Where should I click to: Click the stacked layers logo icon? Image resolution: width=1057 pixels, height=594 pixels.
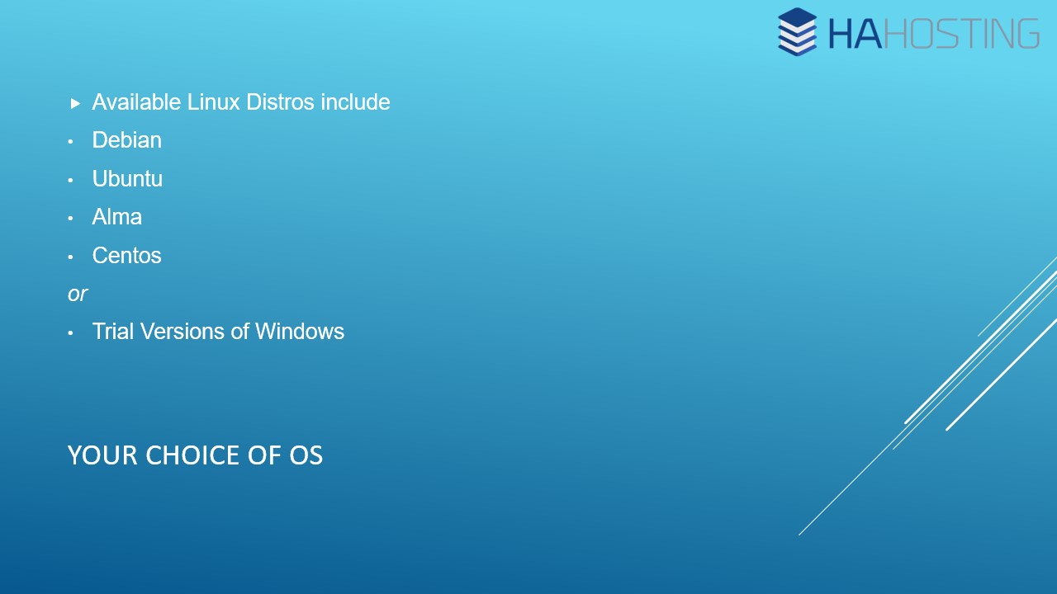coord(797,31)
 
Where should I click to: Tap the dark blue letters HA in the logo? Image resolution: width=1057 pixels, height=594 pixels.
coord(855,34)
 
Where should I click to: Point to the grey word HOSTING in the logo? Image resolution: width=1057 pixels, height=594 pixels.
coord(960,34)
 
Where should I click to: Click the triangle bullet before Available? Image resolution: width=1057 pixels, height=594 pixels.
coord(75,103)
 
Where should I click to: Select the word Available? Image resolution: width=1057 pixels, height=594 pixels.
coord(136,102)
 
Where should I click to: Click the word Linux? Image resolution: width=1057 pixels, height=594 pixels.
coord(214,102)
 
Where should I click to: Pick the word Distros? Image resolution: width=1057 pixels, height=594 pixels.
coord(280,102)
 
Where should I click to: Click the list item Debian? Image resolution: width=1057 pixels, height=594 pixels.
coord(127,140)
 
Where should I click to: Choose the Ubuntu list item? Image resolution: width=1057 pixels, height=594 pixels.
coord(127,179)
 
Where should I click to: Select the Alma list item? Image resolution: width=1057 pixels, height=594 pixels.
coord(117,217)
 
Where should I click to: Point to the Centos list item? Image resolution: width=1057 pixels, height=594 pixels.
coord(127,256)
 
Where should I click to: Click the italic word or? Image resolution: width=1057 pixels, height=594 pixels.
coord(78,295)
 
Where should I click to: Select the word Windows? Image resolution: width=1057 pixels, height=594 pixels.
coord(300,332)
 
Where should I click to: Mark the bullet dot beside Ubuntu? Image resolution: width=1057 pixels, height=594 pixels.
coord(70,180)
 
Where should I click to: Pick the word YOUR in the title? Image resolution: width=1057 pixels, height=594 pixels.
coord(102,455)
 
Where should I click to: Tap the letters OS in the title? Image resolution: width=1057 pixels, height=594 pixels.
coord(306,455)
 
